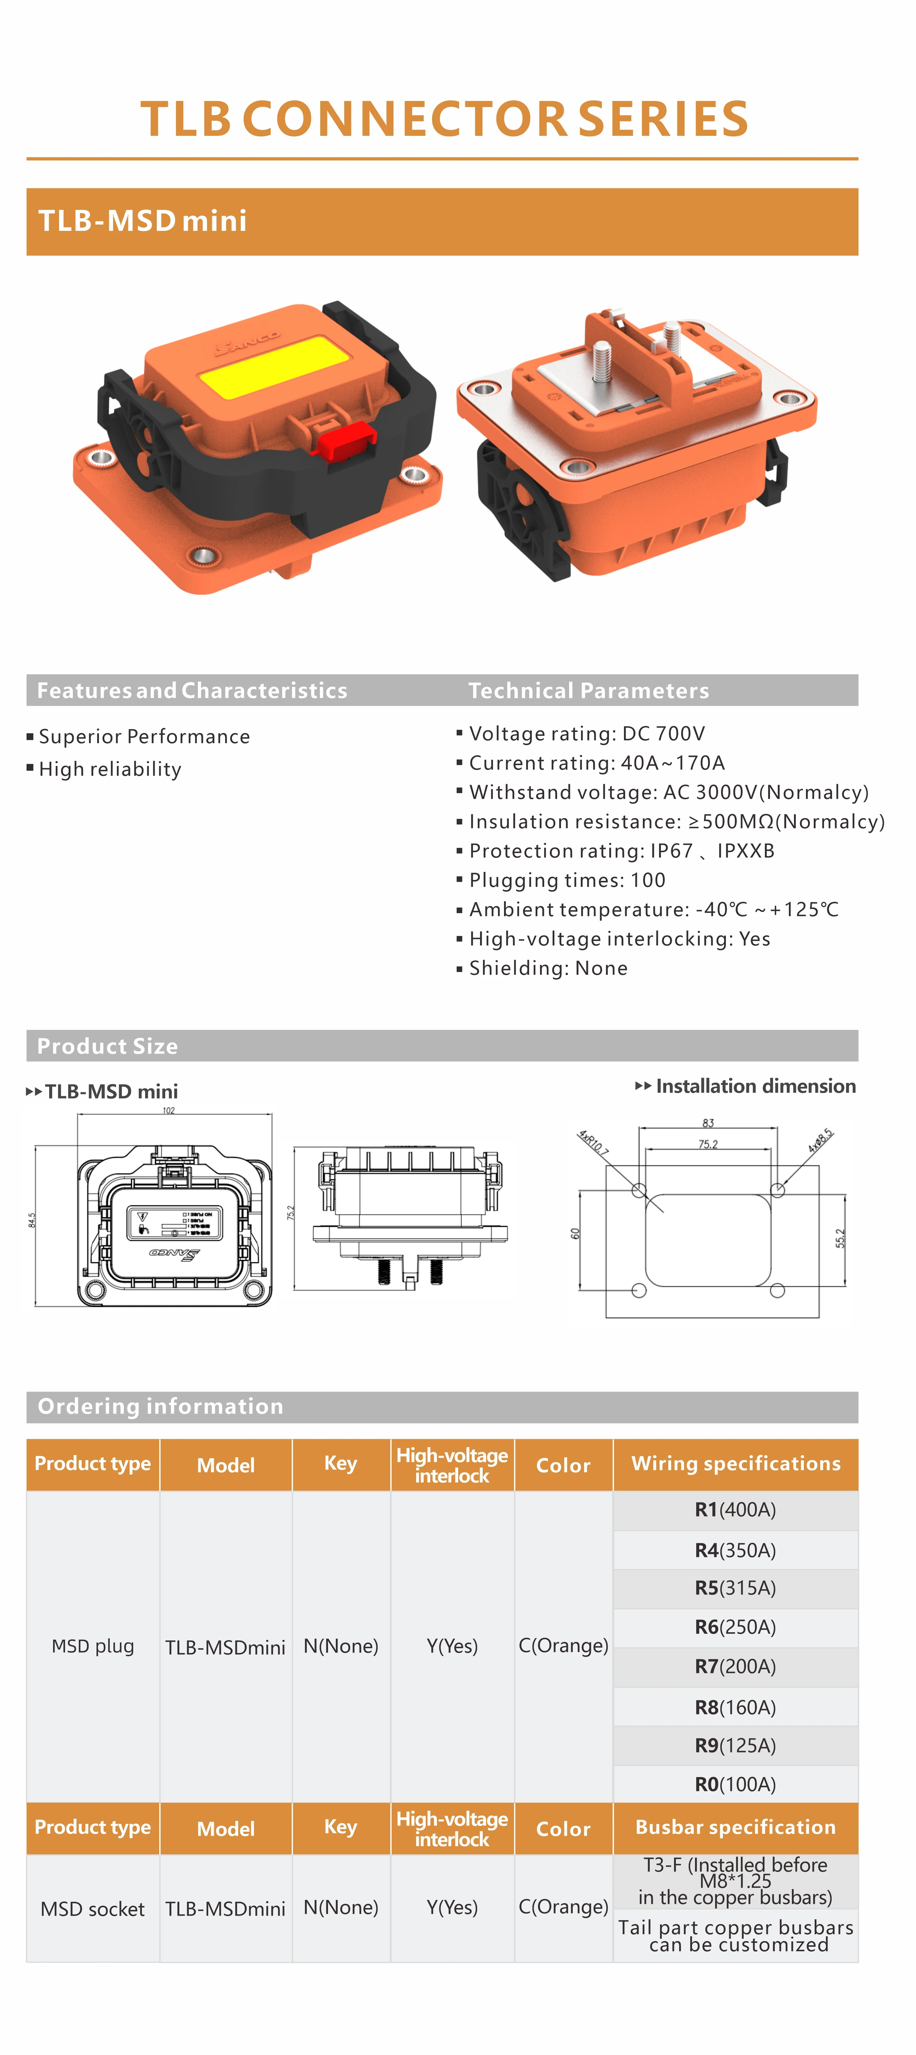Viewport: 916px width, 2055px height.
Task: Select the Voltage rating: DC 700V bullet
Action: pos(586,733)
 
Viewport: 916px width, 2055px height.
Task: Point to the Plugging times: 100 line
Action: pos(566,880)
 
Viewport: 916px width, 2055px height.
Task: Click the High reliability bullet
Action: pos(109,769)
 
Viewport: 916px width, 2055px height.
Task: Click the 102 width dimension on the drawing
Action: pos(169,1110)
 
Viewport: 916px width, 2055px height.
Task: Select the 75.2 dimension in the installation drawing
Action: pos(708,1144)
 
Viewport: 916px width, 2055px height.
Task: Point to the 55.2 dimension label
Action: pos(840,1238)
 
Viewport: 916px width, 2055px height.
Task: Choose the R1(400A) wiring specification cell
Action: pos(735,1509)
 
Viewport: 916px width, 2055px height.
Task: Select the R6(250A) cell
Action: pos(735,1627)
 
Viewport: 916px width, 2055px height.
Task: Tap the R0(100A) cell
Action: pos(735,1784)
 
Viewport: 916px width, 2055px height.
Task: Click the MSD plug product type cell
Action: pos(93,1646)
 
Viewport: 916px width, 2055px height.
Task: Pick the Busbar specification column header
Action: pos(735,1827)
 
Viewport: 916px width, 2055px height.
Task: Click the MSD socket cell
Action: pos(93,1908)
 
